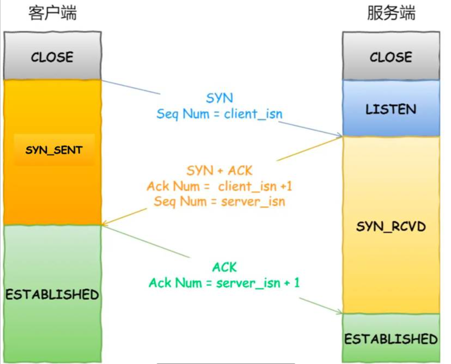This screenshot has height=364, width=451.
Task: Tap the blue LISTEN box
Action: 391,109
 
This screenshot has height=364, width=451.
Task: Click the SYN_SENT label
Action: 54,150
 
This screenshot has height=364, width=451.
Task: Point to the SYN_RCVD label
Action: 391,226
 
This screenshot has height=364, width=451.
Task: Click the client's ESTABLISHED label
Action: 52,294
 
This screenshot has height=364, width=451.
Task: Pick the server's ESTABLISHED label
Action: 391,339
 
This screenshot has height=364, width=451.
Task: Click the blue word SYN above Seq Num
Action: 219,98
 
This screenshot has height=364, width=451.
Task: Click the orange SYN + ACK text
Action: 219,171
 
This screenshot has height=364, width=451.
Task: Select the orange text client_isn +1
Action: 255,187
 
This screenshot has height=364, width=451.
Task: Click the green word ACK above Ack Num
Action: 225,268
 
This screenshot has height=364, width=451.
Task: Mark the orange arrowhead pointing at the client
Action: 104,224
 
